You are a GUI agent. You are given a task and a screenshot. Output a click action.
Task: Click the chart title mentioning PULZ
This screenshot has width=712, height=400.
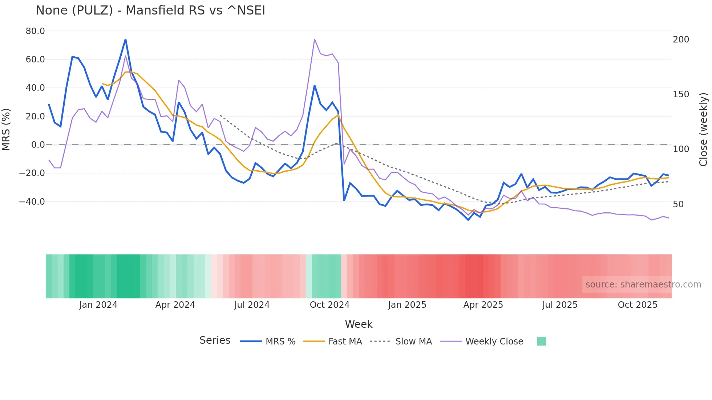150,11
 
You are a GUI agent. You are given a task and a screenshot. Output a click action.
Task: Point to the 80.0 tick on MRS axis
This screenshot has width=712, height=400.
35,31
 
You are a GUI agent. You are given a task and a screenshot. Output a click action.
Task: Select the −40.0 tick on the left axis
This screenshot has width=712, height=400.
32,202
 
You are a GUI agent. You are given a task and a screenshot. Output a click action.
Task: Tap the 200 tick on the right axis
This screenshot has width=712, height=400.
681,40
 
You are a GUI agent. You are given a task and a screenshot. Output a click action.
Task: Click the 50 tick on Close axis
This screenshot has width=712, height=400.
678,204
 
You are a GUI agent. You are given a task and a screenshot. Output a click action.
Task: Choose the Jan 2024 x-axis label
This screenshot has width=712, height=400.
98,305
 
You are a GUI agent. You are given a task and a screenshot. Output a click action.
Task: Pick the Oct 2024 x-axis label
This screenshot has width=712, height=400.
329,305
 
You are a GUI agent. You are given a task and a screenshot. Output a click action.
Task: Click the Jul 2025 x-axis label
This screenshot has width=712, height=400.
560,305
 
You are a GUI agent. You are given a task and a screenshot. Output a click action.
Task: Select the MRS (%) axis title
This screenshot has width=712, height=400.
6,130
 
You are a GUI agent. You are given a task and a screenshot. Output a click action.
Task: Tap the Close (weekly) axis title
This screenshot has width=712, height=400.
704,130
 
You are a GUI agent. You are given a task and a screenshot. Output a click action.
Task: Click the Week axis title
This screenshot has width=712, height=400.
359,324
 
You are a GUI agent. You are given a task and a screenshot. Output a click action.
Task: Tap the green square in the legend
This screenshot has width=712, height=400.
541,341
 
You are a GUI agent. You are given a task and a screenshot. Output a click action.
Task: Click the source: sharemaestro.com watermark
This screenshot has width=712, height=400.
643,285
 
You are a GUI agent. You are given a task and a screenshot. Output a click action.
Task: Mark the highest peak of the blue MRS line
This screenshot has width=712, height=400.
125,39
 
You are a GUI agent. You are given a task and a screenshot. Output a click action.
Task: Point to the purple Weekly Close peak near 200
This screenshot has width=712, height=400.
314,39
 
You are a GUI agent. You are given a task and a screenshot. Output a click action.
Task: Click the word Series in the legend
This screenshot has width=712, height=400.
215,340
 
